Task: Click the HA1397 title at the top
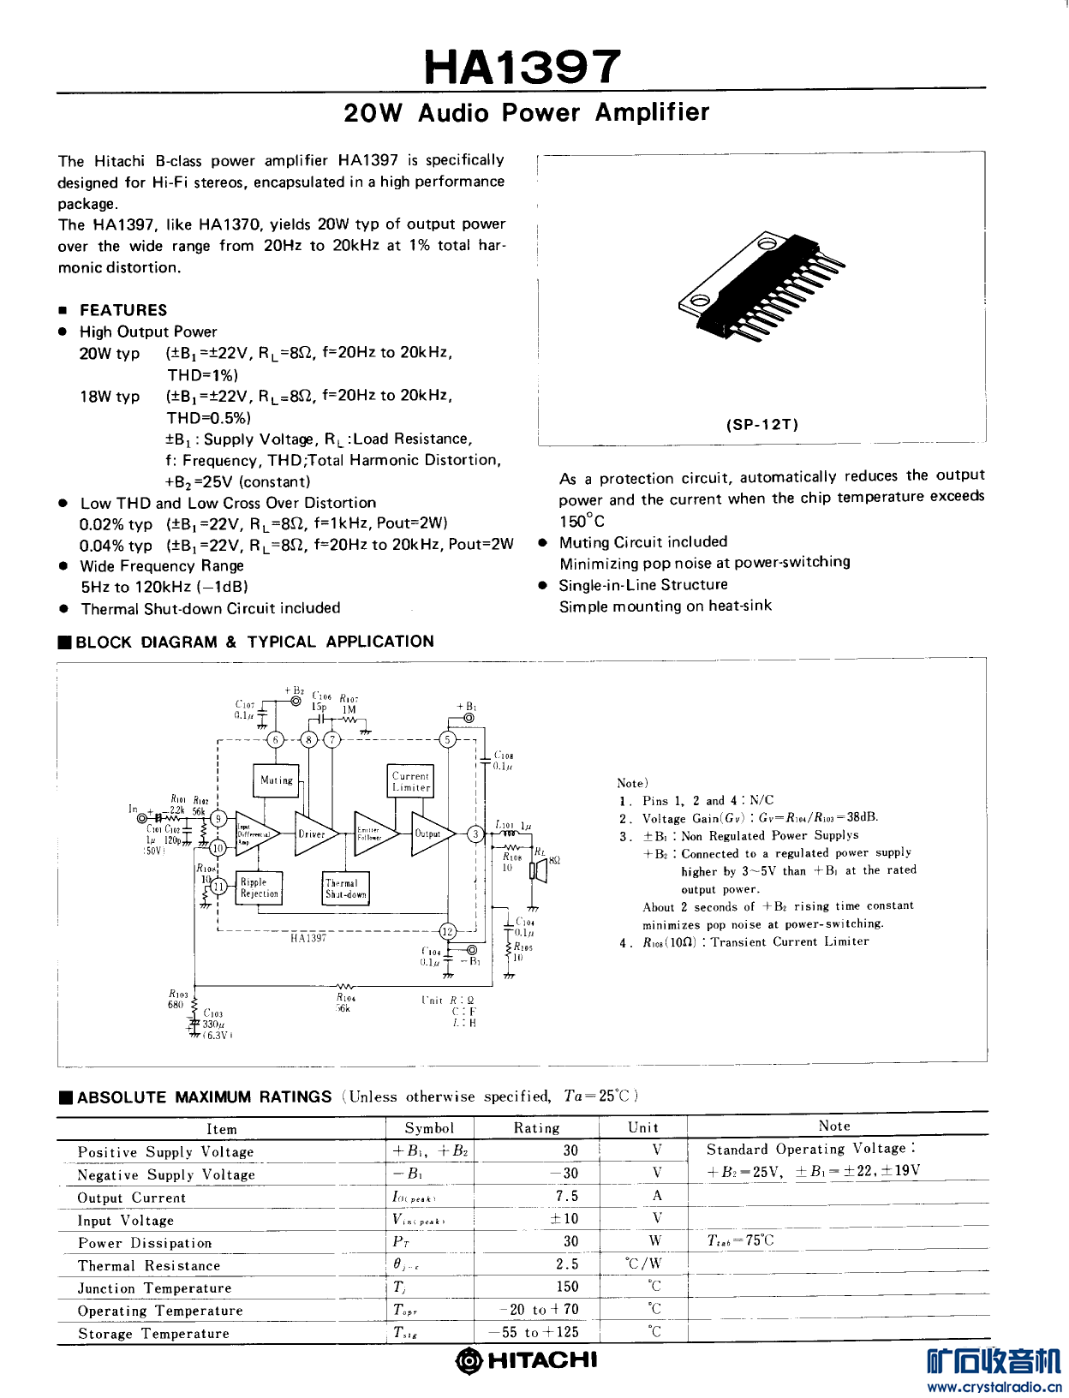[522, 66]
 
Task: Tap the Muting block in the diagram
[276, 780]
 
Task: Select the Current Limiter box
[411, 781]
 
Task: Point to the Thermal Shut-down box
[345, 888]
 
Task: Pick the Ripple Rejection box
[259, 887]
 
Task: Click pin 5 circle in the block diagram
[447, 739]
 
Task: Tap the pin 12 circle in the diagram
[447, 932]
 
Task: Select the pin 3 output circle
[475, 833]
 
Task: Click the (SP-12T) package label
[761, 424]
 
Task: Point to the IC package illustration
[761, 286]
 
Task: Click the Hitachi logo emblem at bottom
[469, 1360]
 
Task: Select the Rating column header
[536, 1128]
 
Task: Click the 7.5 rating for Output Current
[567, 1196]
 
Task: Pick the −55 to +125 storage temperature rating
[534, 1332]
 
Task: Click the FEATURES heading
[123, 310]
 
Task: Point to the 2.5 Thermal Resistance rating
[567, 1264]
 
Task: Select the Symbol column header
[429, 1128]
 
